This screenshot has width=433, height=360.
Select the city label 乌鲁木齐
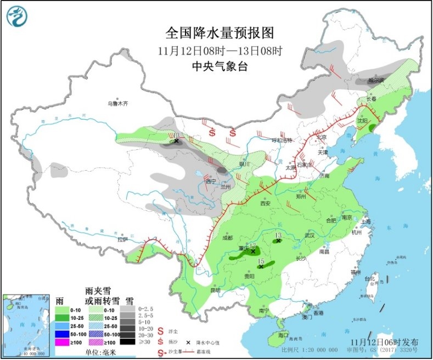point(117,103)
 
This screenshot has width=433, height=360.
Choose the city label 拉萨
point(122,239)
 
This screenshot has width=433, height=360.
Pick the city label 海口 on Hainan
point(283,335)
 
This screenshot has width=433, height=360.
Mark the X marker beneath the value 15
point(261,267)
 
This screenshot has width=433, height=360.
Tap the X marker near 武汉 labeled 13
point(278,240)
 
